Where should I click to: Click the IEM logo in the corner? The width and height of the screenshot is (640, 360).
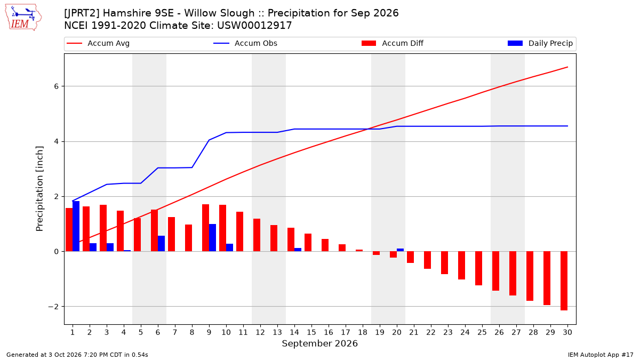(x=23, y=18)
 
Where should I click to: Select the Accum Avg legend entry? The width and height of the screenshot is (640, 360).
(x=98, y=43)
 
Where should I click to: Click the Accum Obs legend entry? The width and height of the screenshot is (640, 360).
(x=245, y=43)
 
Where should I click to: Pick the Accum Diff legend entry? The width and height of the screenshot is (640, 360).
(x=393, y=43)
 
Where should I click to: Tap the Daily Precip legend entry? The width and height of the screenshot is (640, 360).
(x=540, y=43)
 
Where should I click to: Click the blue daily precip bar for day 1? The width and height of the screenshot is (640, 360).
(x=76, y=226)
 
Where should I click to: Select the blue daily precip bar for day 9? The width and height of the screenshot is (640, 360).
(x=213, y=238)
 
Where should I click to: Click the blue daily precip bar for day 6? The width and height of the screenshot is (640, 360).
(x=161, y=243)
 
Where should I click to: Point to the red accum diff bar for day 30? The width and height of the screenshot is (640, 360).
(x=564, y=281)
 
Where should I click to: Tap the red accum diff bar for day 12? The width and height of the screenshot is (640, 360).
(x=257, y=235)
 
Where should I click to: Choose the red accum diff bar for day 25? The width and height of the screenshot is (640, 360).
(x=478, y=268)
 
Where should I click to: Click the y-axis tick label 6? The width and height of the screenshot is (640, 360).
(x=57, y=86)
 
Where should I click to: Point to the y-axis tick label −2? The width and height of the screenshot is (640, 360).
(x=53, y=307)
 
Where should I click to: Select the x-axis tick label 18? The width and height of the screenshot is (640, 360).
(x=363, y=332)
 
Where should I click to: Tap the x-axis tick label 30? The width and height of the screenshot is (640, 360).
(x=567, y=332)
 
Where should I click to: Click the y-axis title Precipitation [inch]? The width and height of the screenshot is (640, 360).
(x=39, y=189)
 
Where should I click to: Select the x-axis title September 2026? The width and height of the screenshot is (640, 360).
(x=319, y=343)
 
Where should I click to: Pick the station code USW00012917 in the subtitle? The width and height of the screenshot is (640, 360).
(x=254, y=26)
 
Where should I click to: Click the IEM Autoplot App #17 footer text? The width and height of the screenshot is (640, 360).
(x=601, y=355)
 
